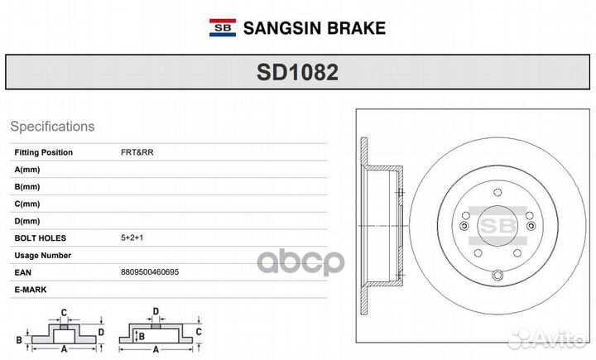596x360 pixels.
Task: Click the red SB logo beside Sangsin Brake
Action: (x=221, y=28)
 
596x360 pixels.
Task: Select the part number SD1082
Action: (x=297, y=73)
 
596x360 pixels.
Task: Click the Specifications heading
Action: (x=52, y=127)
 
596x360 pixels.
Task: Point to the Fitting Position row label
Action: (x=44, y=152)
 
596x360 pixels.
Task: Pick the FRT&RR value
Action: (x=137, y=152)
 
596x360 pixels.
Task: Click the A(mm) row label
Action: (x=27, y=169)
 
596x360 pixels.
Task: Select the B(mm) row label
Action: (x=27, y=186)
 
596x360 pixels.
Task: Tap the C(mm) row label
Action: (x=27, y=204)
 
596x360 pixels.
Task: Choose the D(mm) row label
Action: (x=27, y=221)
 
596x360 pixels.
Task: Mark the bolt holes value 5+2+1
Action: (x=132, y=238)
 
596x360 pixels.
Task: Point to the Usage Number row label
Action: (x=43, y=256)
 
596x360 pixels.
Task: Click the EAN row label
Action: (x=23, y=272)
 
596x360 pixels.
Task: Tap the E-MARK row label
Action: (x=31, y=290)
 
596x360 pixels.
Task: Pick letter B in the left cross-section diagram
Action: (x=20, y=339)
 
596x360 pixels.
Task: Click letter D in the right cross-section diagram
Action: (x=155, y=312)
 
